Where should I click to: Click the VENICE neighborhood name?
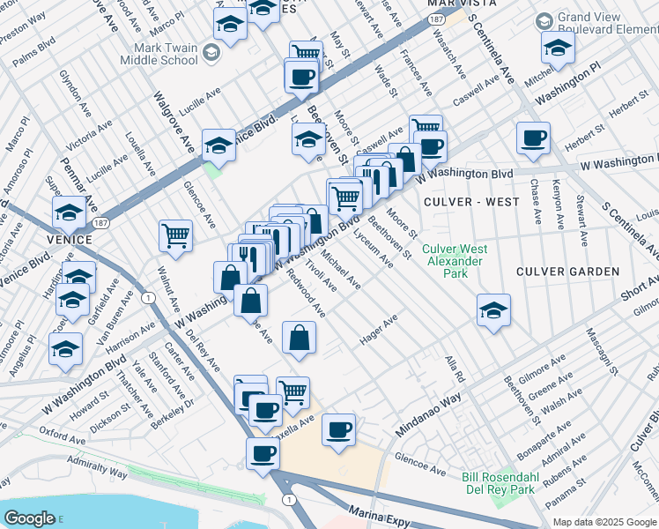click(x=70, y=240)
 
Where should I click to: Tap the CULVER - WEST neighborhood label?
click(x=471, y=202)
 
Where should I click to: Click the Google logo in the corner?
click(x=30, y=518)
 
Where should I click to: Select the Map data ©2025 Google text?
click(x=604, y=522)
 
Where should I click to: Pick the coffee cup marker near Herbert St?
click(x=533, y=138)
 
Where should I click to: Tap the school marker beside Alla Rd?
click(x=493, y=310)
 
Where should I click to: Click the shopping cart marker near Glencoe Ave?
click(x=175, y=236)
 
